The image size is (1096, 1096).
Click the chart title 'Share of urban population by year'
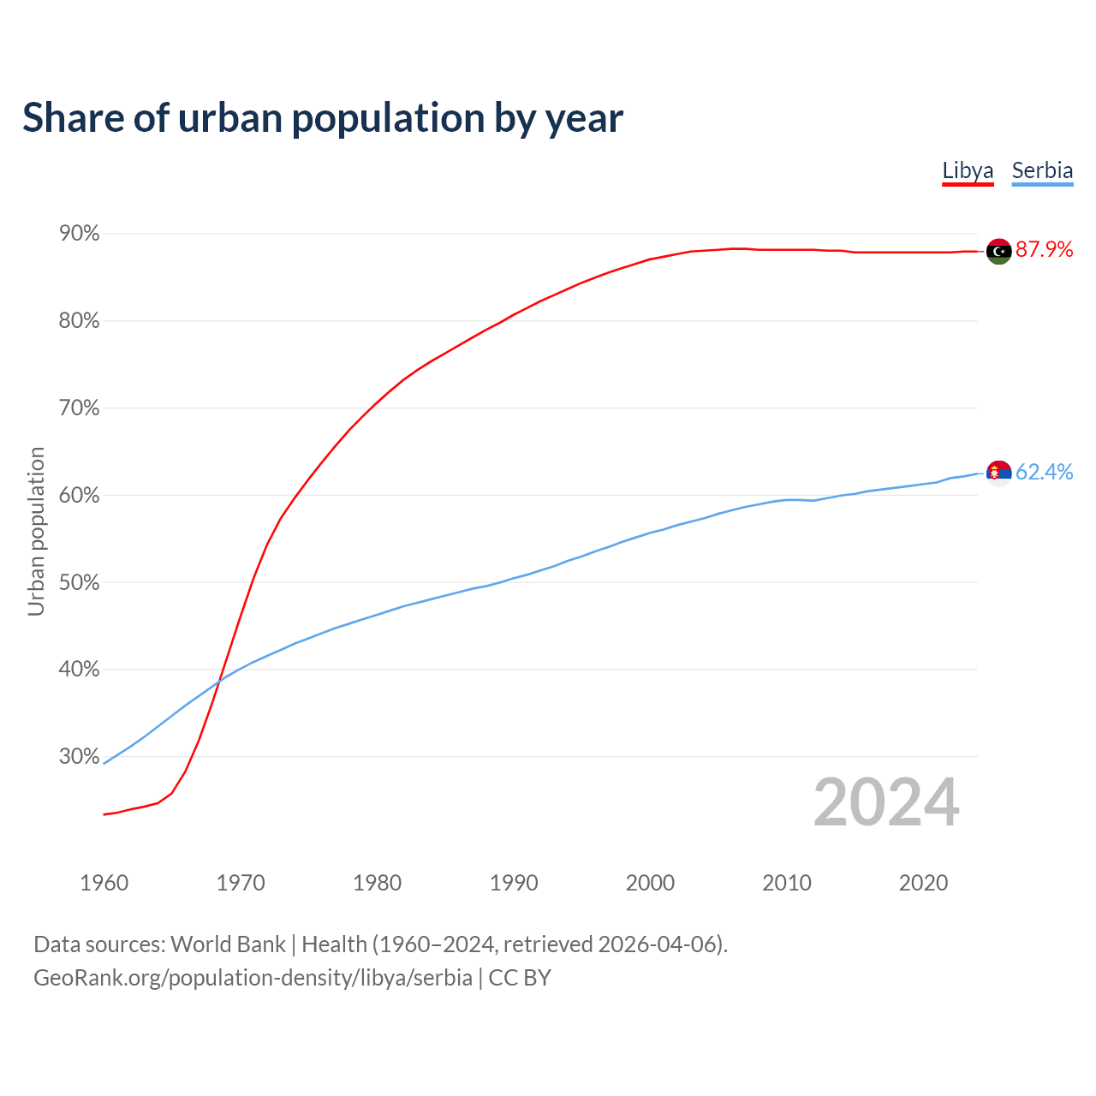pos(323,118)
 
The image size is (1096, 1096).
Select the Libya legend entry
pos(968,170)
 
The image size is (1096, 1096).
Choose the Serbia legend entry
pos(1042,170)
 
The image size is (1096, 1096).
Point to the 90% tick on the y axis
pos(80,234)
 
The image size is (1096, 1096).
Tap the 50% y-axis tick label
pos(80,583)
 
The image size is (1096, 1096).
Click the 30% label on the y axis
pos(80,757)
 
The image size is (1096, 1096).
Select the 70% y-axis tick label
pos(80,408)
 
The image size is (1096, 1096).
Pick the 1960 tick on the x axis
pos(104,883)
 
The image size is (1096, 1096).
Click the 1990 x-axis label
pos(514,883)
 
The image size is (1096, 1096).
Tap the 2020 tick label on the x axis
pos(923,883)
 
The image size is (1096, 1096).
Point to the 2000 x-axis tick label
pos(651,883)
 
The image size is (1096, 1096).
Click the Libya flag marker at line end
pos(998,251)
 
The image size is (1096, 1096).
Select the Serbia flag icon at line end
pos(998,472)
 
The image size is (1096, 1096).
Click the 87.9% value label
pos(1044,250)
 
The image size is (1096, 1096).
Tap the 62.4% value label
pos(1044,473)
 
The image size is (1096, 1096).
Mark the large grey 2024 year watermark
pos(886,802)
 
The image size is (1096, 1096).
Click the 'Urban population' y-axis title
pos(36,531)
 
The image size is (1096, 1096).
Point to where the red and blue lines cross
pos(219,680)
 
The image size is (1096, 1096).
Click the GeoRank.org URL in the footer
pos(253,978)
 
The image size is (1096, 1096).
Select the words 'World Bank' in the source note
pos(228,944)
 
